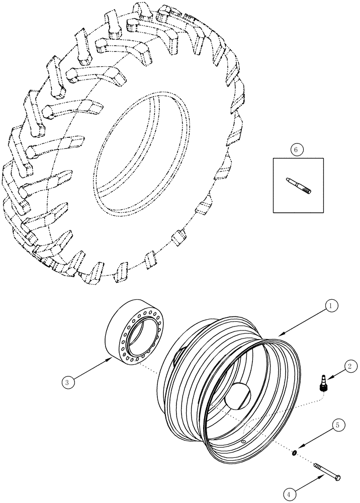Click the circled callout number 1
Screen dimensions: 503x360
(x=331, y=305)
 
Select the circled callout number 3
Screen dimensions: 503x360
(x=69, y=382)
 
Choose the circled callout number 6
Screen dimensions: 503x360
(x=297, y=150)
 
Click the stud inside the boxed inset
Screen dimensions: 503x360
(x=299, y=184)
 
